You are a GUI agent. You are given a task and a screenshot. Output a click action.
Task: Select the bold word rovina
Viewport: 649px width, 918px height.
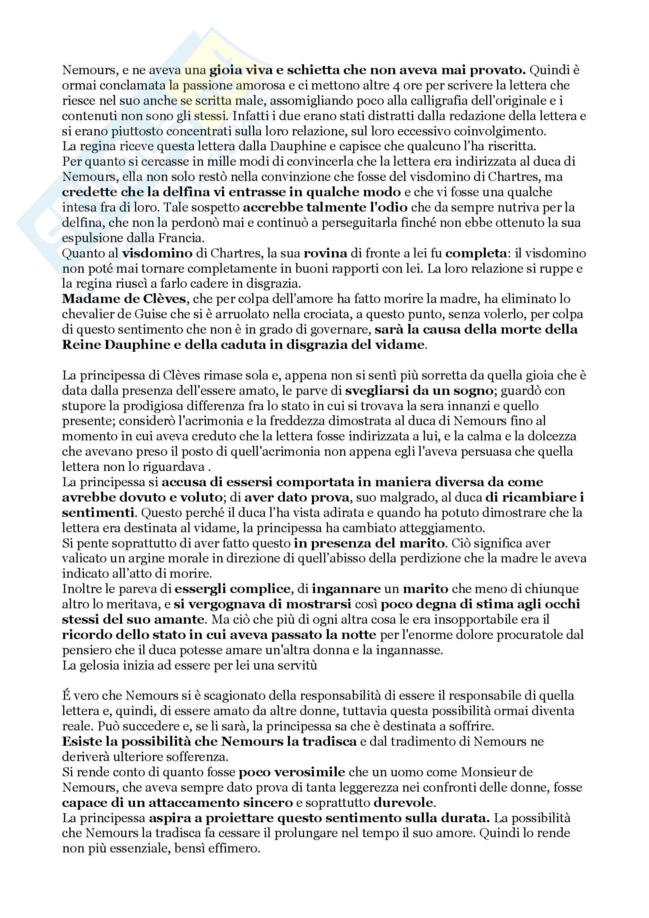click(325, 254)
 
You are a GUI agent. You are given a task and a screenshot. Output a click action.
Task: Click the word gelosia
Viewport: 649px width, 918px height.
click(102, 665)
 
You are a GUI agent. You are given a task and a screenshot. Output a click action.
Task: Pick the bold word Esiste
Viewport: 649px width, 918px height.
click(82, 742)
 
